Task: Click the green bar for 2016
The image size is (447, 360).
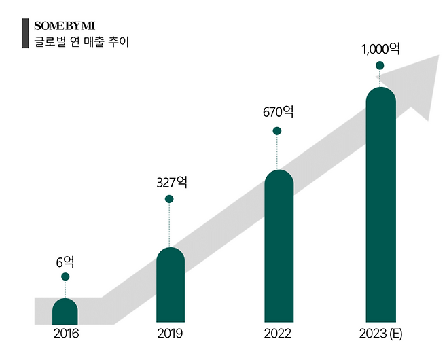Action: click(x=65, y=310)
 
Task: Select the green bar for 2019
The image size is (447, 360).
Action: click(x=170, y=285)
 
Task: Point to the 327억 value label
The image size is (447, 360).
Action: click(x=171, y=182)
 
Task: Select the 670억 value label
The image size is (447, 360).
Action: click(x=277, y=113)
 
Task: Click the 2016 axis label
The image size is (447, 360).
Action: click(x=66, y=334)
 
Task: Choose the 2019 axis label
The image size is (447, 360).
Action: click(x=170, y=334)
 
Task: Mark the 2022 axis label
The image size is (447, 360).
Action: click(x=278, y=334)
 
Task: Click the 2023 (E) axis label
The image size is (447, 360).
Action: click(x=380, y=334)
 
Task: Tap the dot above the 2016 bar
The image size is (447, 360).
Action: click(x=65, y=276)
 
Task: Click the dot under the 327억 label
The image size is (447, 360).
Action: click(x=169, y=199)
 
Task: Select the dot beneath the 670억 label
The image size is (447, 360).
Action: click(x=276, y=130)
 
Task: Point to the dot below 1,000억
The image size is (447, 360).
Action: click(x=380, y=65)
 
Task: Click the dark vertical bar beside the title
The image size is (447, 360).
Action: click(x=25, y=34)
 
